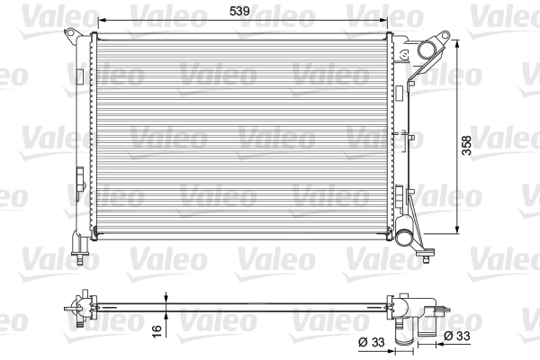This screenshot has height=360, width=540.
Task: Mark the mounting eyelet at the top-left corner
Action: pyautogui.click(x=68, y=33)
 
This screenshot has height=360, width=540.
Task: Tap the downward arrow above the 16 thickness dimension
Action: pyautogui.click(x=166, y=296)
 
